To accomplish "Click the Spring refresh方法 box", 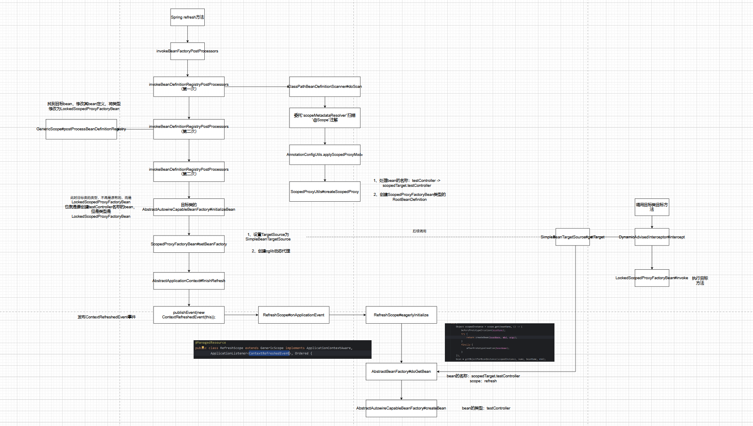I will pyautogui.click(x=187, y=17).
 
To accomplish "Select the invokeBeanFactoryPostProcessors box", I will pyautogui.click(x=187, y=51).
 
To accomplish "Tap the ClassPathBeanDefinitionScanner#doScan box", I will pyautogui.click(x=325, y=87).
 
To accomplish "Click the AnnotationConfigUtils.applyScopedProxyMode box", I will pyautogui.click(x=325, y=155).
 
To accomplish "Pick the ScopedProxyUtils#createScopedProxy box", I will pyautogui.click(x=325, y=192).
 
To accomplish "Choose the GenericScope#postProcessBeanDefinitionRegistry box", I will pyautogui.click(x=81, y=129).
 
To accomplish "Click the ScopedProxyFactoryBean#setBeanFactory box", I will pyautogui.click(x=189, y=244).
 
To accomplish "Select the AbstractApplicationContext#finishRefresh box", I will pyautogui.click(x=189, y=281).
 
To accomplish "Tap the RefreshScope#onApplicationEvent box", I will pyautogui.click(x=294, y=315).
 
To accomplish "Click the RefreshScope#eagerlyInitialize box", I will pyautogui.click(x=401, y=315).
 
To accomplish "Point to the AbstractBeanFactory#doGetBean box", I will pyautogui.click(x=401, y=372).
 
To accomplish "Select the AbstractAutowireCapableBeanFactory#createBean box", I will pyautogui.click(x=401, y=408).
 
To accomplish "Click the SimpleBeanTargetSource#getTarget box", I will pyautogui.click(x=573, y=237).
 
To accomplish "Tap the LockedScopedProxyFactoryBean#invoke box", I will pyautogui.click(x=652, y=278).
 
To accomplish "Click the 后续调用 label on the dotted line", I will pyautogui.click(x=419, y=231).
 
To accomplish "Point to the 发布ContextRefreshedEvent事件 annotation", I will pyautogui.click(x=107, y=317).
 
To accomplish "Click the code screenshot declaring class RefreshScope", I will pyautogui.click(x=283, y=349).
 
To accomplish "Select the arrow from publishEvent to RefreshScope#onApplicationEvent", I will pyautogui.click(x=241, y=315).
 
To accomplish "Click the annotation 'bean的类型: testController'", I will pyautogui.click(x=486, y=408).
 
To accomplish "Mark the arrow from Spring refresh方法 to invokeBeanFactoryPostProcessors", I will pyautogui.click(x=187, y=34).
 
